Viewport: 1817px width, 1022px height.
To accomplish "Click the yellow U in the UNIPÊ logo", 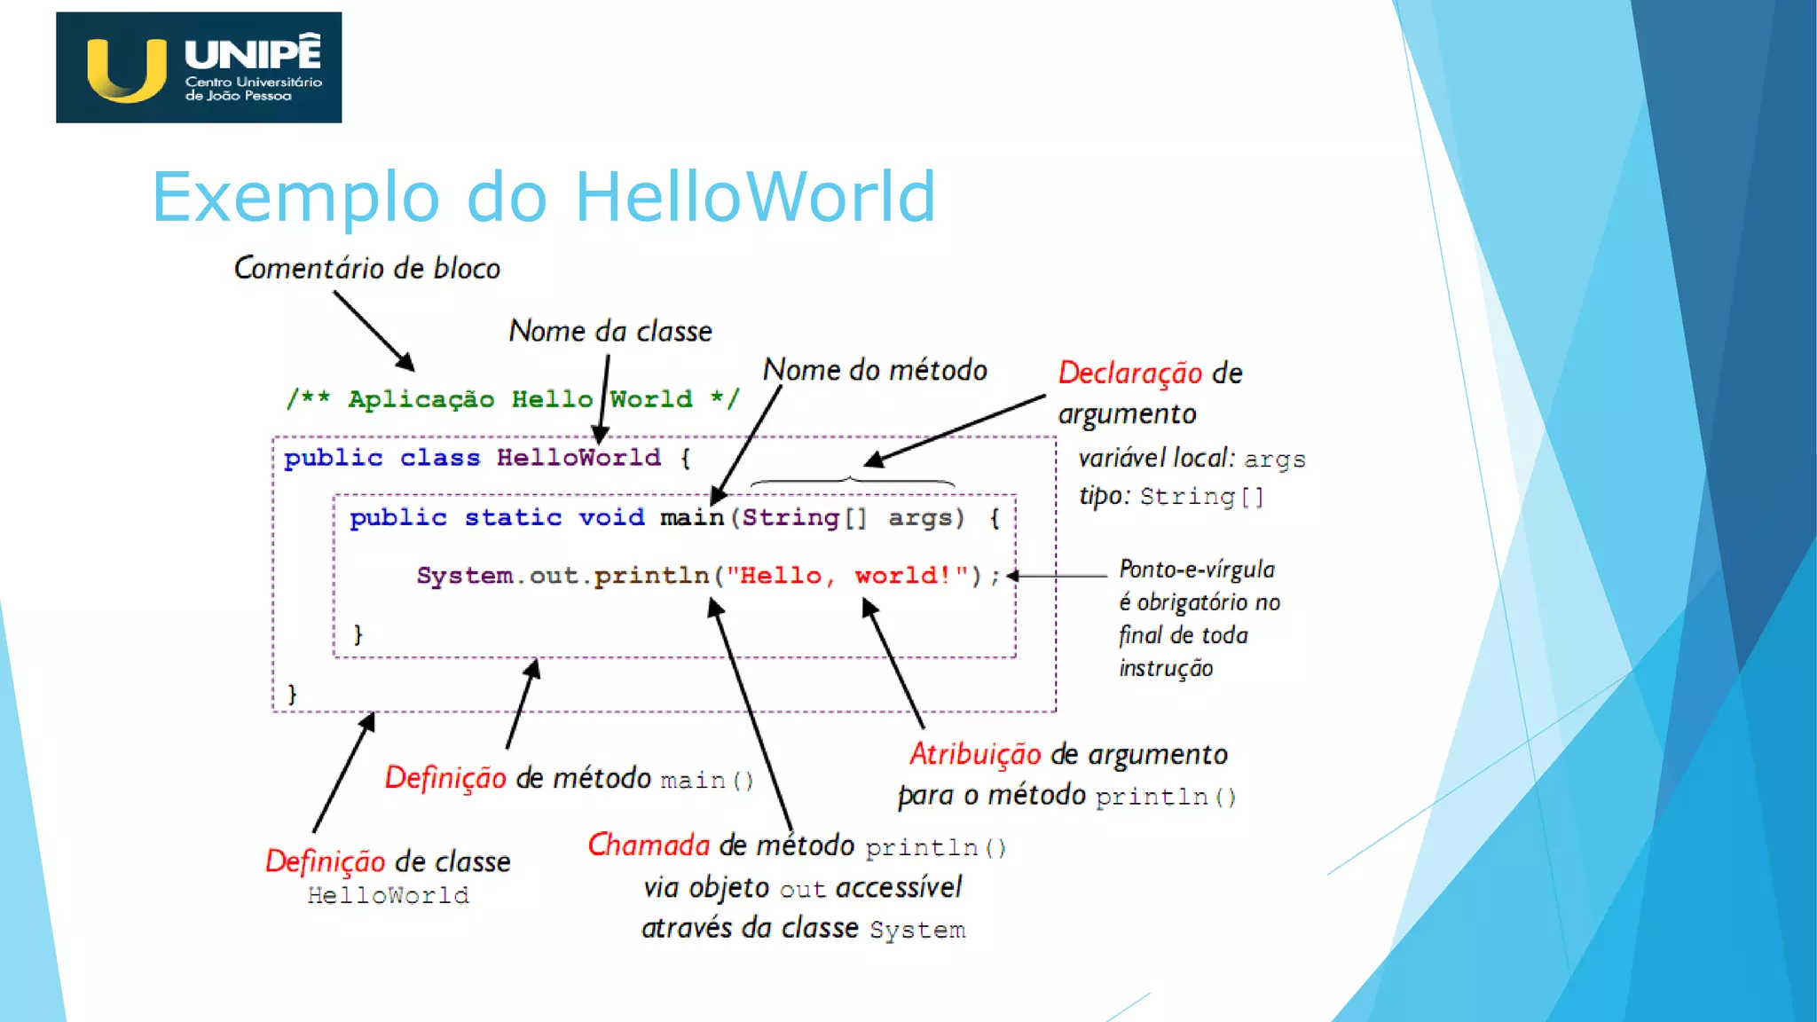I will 127,69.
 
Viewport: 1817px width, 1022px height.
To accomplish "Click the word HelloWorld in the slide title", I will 755,197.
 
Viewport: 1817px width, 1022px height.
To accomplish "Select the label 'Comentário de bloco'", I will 366,268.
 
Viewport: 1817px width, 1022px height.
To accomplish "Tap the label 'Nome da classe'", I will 610,331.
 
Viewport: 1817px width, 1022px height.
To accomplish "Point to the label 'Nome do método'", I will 875,370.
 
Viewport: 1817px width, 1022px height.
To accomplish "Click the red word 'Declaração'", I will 1129,373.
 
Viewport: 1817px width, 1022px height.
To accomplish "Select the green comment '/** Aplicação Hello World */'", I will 512,399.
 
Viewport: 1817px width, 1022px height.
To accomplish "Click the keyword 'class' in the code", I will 439,458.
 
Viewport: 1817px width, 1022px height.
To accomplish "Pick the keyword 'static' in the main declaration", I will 513,517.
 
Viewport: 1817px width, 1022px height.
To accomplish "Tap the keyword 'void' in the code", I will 611,517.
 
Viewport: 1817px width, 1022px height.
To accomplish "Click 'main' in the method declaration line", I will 692,517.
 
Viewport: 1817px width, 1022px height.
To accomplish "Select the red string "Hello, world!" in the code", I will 847,576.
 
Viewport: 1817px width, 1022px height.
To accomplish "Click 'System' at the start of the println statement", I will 464,576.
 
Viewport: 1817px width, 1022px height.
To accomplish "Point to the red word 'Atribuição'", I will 975,754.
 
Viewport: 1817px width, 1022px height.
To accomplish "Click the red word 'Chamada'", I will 649,845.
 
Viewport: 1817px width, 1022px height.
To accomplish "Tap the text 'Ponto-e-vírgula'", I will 1197,569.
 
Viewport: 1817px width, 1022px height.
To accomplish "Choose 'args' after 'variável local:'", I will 1275,460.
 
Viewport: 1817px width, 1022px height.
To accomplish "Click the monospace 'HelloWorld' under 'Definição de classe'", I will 388,895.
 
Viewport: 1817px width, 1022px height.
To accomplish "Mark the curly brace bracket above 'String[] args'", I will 852,482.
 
